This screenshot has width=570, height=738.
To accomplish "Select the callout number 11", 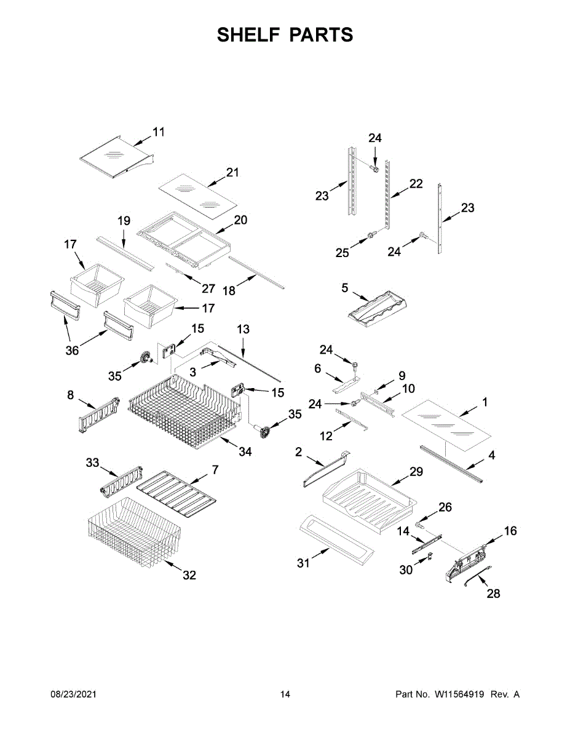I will pos(159,132).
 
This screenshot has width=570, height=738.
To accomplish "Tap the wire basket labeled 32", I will pos(134,532).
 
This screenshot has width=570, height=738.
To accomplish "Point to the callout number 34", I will pos(245,452).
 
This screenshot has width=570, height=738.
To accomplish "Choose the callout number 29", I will pos(416,472).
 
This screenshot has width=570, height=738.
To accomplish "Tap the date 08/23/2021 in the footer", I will pos(73,694).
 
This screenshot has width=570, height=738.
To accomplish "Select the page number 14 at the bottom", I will pos(285,694).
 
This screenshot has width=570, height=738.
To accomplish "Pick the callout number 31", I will pos(304,563).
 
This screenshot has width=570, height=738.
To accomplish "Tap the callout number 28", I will pos(493,593).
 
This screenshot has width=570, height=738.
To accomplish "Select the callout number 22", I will pos(416,183).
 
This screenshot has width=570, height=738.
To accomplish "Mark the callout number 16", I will pos(510,531).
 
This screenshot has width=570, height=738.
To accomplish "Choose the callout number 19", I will pos(124,220).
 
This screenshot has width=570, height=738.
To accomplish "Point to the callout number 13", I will pos(243,330).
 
